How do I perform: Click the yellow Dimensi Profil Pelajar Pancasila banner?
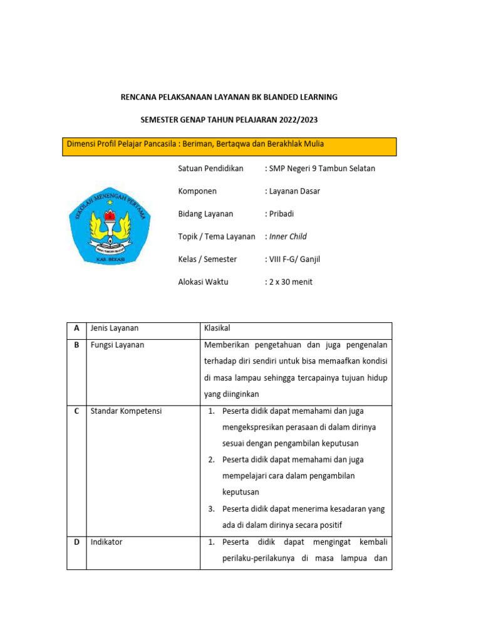click(231, 146)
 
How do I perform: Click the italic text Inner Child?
click(287, 236)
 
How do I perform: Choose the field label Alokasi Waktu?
click(204, 282)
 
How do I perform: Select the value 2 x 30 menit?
click(290, 282)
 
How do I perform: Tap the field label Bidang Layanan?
click(205, 214)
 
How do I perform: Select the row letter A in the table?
click(76, 328)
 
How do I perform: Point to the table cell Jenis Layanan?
click(115, 328)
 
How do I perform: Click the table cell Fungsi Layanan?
click(117, 345)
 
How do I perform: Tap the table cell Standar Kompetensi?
click(126, 411)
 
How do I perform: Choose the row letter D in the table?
click(76, 542)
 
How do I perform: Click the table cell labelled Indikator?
click(106, 542)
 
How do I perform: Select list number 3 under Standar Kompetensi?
click(212, 508)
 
